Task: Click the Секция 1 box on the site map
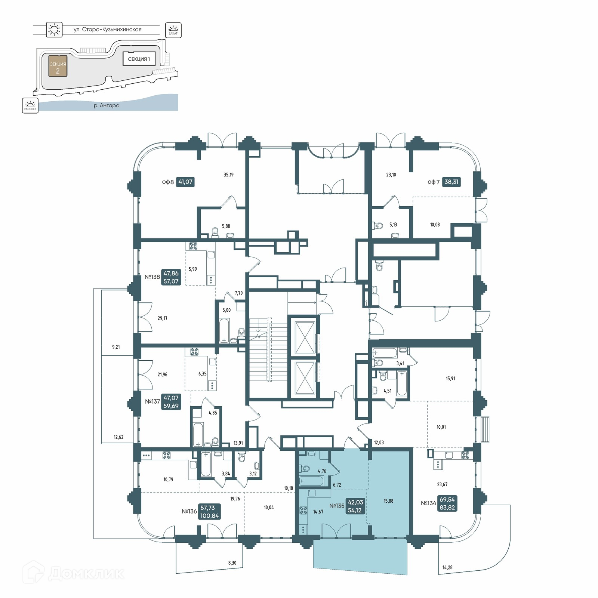point(139,59)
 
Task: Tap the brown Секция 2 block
point(58,66)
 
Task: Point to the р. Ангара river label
point(107,105)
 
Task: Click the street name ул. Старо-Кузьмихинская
point(108,30)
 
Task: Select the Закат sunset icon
point(173,30)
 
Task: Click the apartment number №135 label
point(337,506)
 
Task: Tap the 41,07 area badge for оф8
point(185,182)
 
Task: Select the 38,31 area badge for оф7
point(451,182)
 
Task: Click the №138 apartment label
point(152,277)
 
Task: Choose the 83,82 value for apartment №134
point(447,507)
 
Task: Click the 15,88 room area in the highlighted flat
point(388,501)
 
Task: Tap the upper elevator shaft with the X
point(305,337)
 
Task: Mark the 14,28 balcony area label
point(447,567)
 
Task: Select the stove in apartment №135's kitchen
point(303,511)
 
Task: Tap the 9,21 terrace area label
point(116,347)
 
